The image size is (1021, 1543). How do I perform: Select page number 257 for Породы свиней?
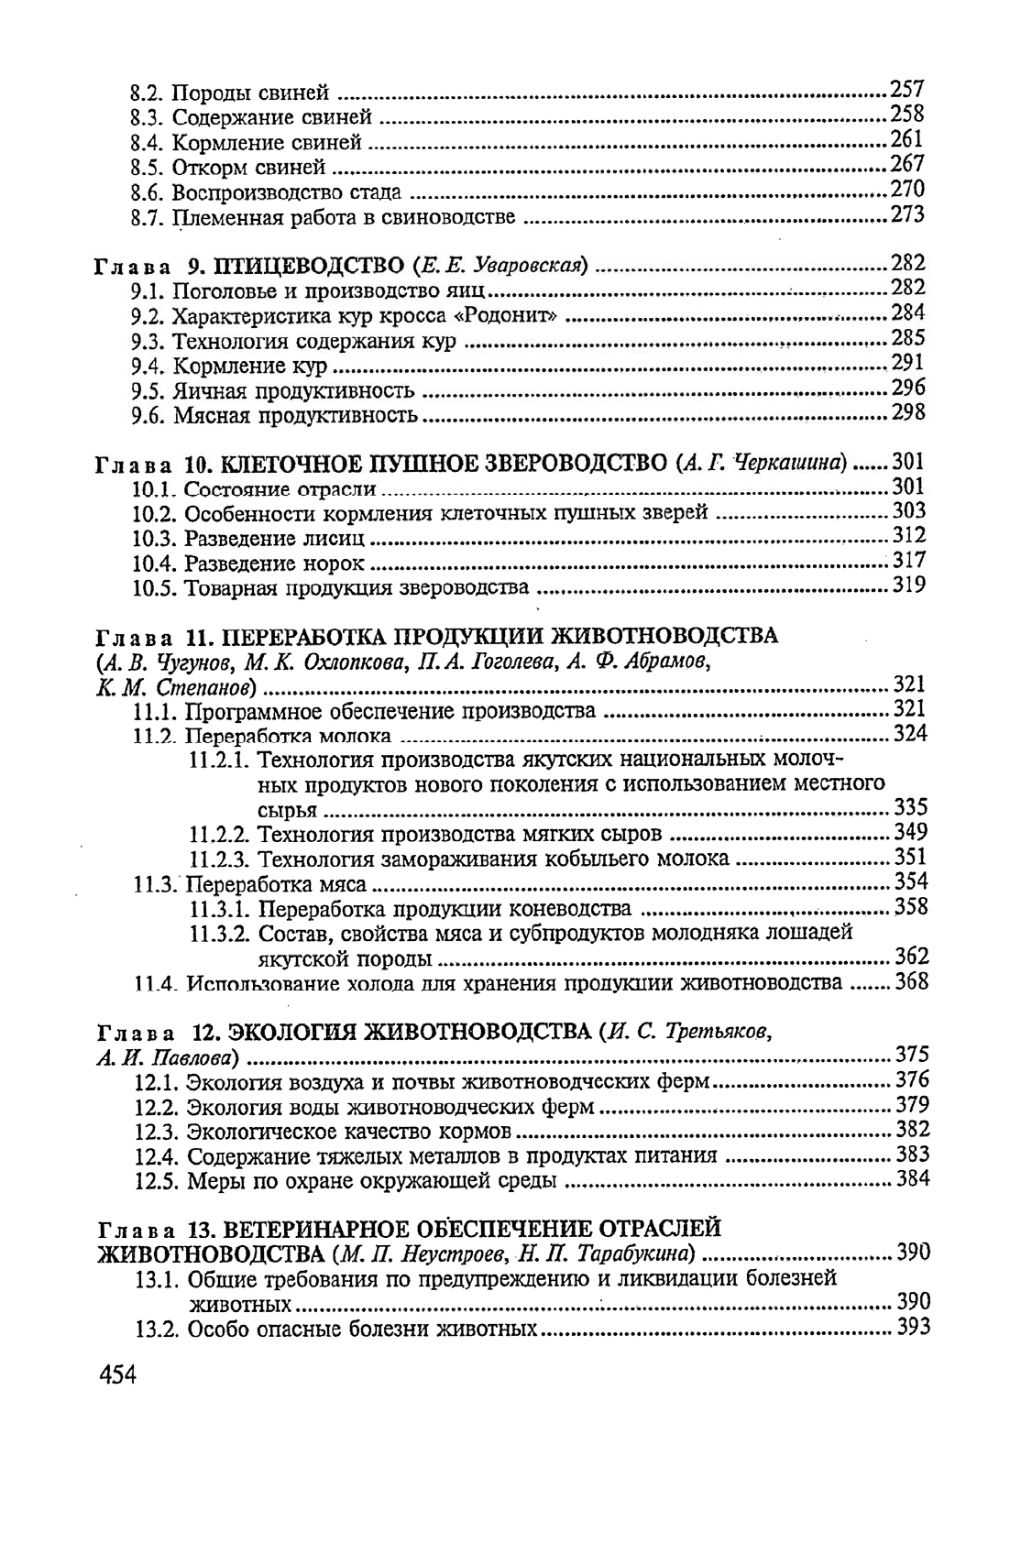907,90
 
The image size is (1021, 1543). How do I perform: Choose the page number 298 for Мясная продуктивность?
908,414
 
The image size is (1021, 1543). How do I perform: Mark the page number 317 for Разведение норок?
909,561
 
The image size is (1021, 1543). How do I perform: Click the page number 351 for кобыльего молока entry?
911,858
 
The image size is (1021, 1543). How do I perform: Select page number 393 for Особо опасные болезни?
914,1327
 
